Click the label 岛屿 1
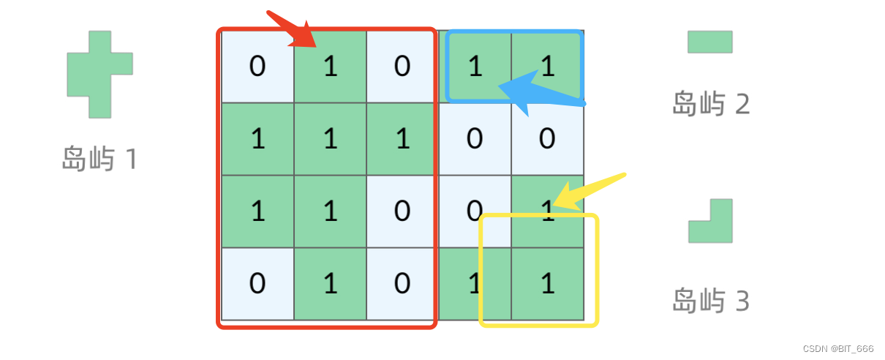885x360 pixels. (x=99, y=159)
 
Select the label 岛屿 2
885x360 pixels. (x=711, y=103)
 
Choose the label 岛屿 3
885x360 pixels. (x=711, y=301)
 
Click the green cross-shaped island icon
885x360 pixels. (x=99, y=75)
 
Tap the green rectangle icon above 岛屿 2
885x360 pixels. (x=710, y=42)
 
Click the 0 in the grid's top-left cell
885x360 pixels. (x=257, y=66)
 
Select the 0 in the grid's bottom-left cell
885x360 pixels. (x=257, y=283)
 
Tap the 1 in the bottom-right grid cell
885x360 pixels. (x=548, y=283)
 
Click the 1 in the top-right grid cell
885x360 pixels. (x=548, y=66)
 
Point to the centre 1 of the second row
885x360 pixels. (x=331, y=139)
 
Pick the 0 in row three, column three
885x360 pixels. (x=402, y=211)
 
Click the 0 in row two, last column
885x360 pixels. (x=547, y=139)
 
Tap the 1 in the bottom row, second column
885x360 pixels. (x=331, y=283)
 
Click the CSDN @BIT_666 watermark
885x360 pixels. (x=838, y=348)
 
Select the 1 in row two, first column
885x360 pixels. (x=258, y=139)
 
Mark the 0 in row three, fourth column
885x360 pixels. (x=475, y=211)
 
